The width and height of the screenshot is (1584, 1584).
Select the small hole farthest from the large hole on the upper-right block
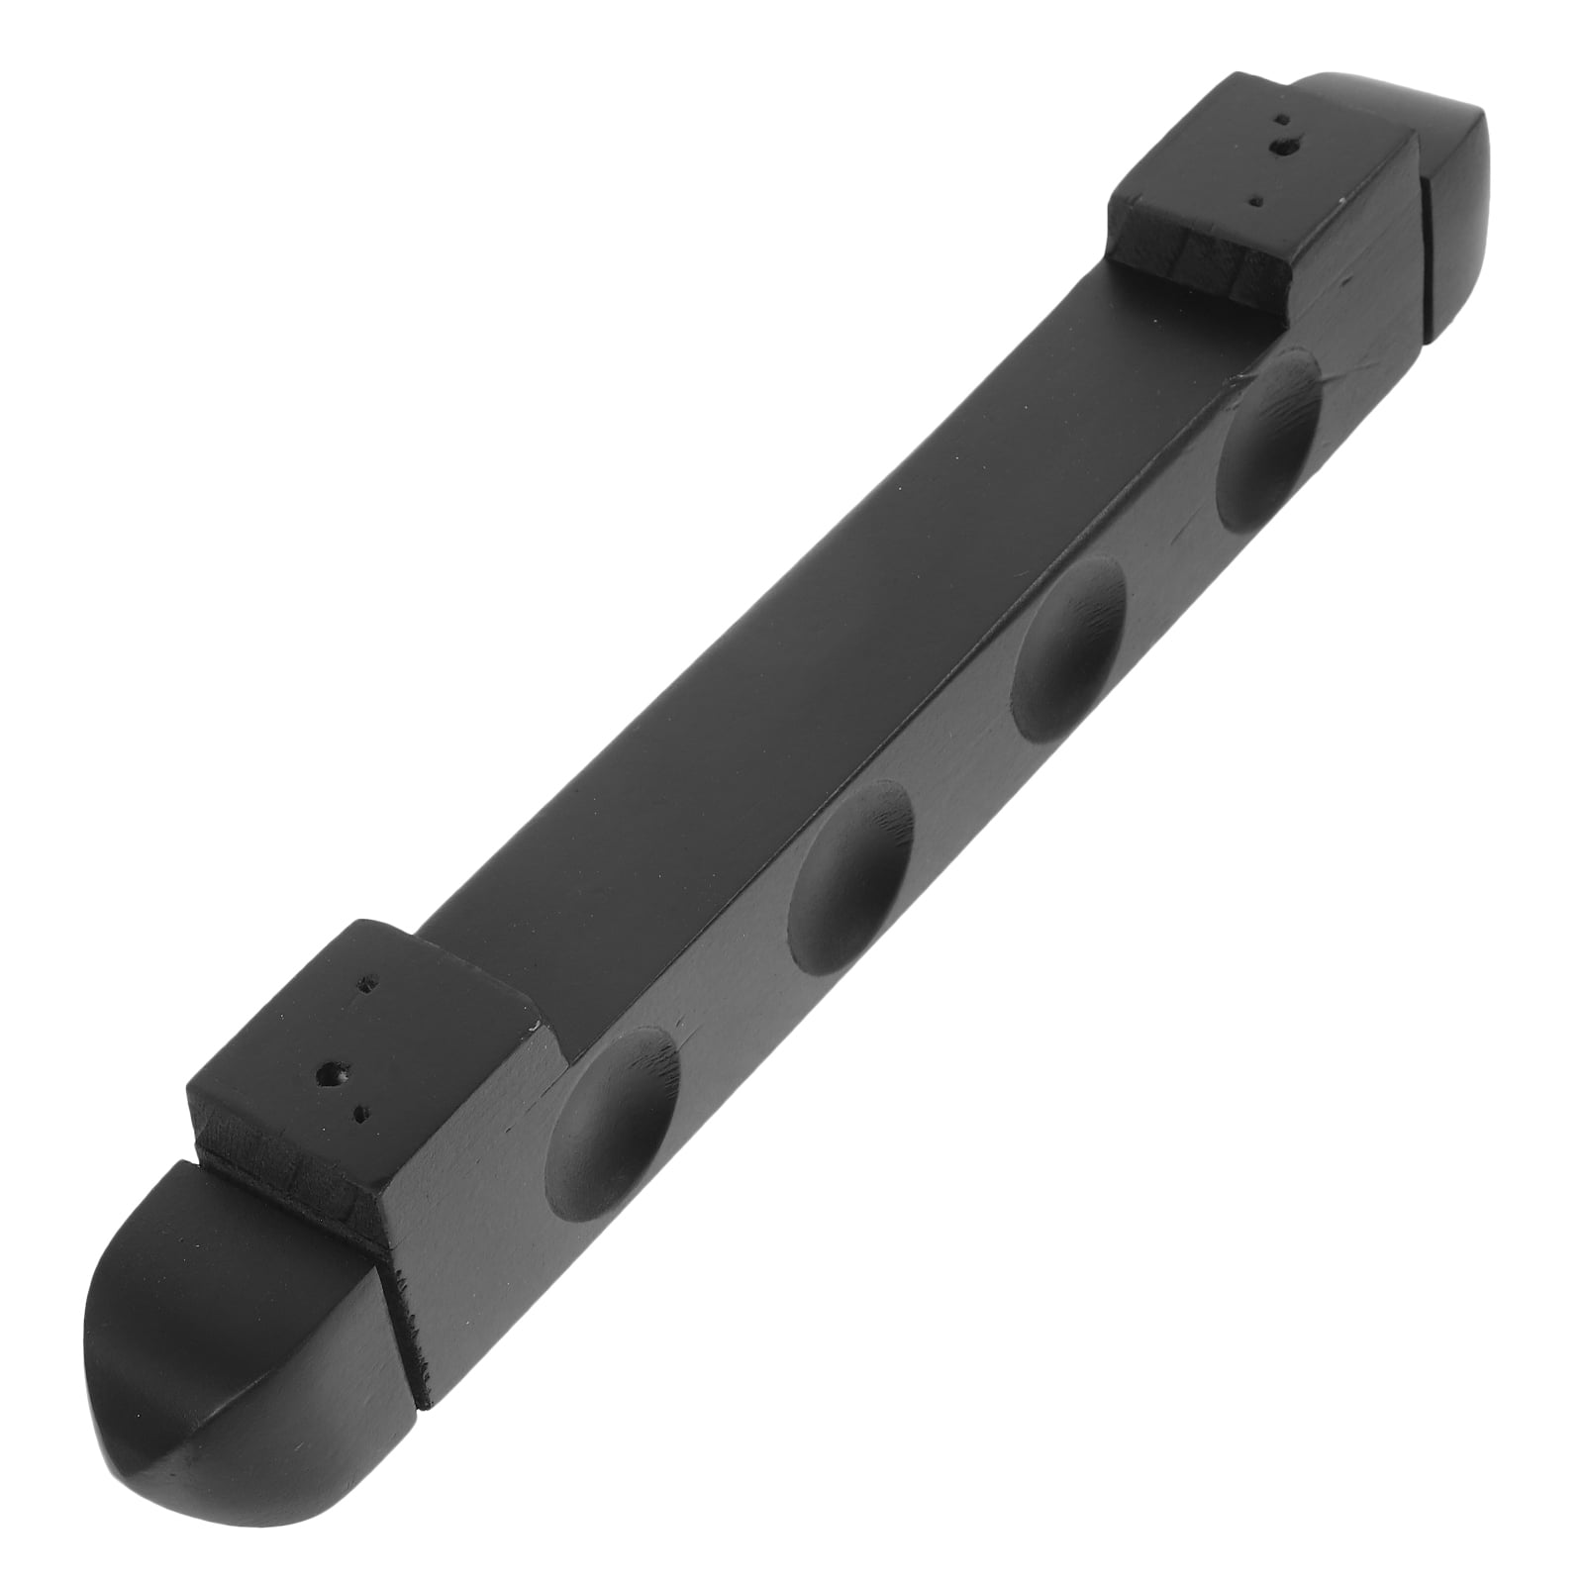tap(1257, 198)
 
